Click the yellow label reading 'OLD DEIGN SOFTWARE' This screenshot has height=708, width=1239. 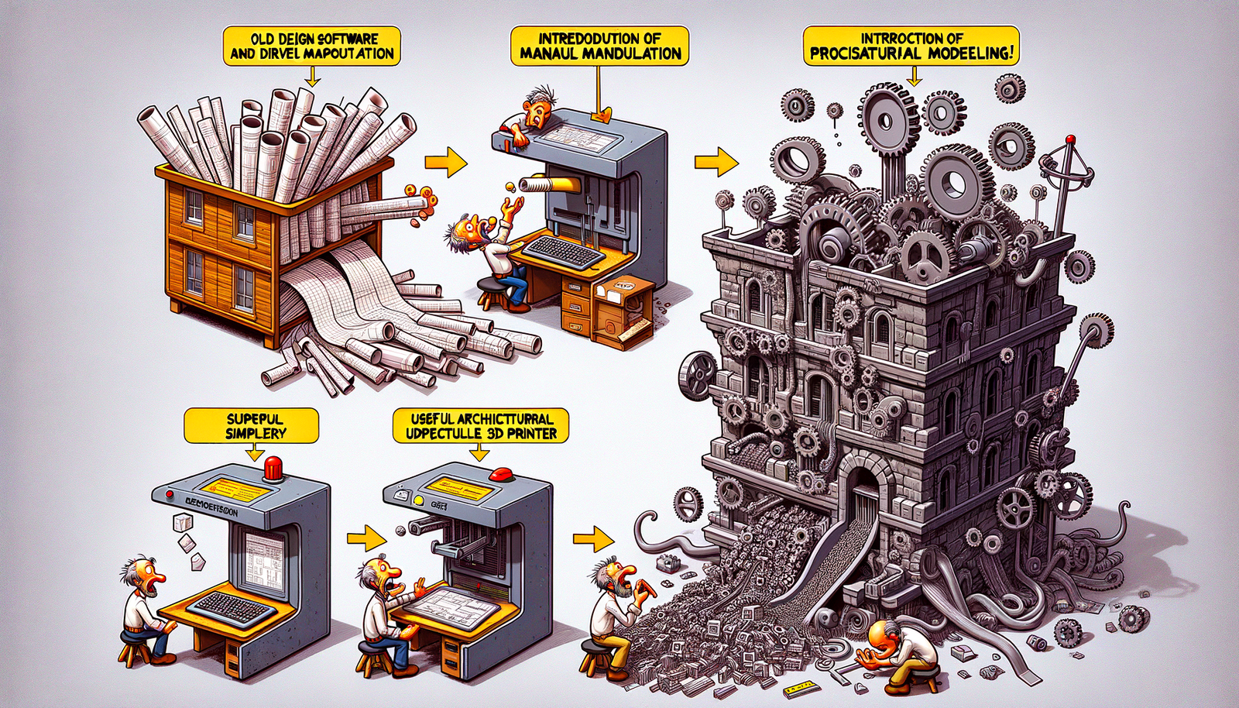(313, 46)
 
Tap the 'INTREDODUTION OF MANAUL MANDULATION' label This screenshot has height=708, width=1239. (599, 46)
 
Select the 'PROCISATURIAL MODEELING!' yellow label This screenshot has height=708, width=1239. (911, 46)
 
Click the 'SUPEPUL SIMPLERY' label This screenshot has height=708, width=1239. (252, 425)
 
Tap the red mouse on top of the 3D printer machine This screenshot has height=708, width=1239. (503, 473)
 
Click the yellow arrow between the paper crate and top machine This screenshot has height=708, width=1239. (446, 163)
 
